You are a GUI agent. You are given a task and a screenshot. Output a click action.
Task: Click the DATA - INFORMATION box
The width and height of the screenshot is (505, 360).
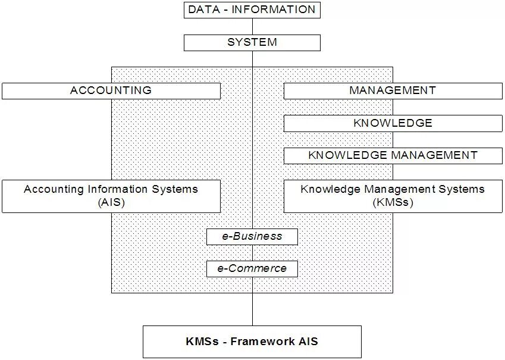click(x=252, y=10)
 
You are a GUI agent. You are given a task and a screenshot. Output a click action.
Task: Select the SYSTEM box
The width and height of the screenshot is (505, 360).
click(x=252, y=42)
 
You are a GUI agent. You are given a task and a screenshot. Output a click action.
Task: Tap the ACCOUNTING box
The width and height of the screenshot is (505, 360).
click(x=111, y=90)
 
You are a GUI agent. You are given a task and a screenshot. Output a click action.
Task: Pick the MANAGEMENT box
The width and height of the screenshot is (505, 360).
click(x=393, y=90)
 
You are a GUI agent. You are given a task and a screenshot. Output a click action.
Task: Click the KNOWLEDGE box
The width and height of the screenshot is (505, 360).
click(x=393, y=123)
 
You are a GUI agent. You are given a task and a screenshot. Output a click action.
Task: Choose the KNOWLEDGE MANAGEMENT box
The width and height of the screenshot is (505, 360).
click(x=393, y=155)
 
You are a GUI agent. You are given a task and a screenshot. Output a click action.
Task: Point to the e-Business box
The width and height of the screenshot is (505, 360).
click(x=252, y=236)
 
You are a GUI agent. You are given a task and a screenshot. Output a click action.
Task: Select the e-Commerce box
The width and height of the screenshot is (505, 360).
click(x=252, y=268)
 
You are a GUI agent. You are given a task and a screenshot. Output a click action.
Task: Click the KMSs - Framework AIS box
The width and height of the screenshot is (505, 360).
click(x=252, y=342)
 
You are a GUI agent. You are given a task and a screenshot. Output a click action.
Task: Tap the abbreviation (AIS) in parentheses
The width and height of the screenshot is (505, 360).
click(x=111, y=202)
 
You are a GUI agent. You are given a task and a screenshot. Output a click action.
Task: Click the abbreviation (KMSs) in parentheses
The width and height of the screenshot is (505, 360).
click(x=393, y=202)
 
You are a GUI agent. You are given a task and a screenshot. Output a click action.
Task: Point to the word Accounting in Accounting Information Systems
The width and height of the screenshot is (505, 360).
click(x=51, y=189)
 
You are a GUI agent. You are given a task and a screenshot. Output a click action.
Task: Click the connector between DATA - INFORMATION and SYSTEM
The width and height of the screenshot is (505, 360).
click(x=252, y=26)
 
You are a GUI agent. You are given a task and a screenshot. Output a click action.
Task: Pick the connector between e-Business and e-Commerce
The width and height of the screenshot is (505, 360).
click(x=252, y=252)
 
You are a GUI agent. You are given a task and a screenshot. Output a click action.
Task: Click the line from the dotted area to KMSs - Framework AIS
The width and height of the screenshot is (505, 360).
click(x=252, y=309)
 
